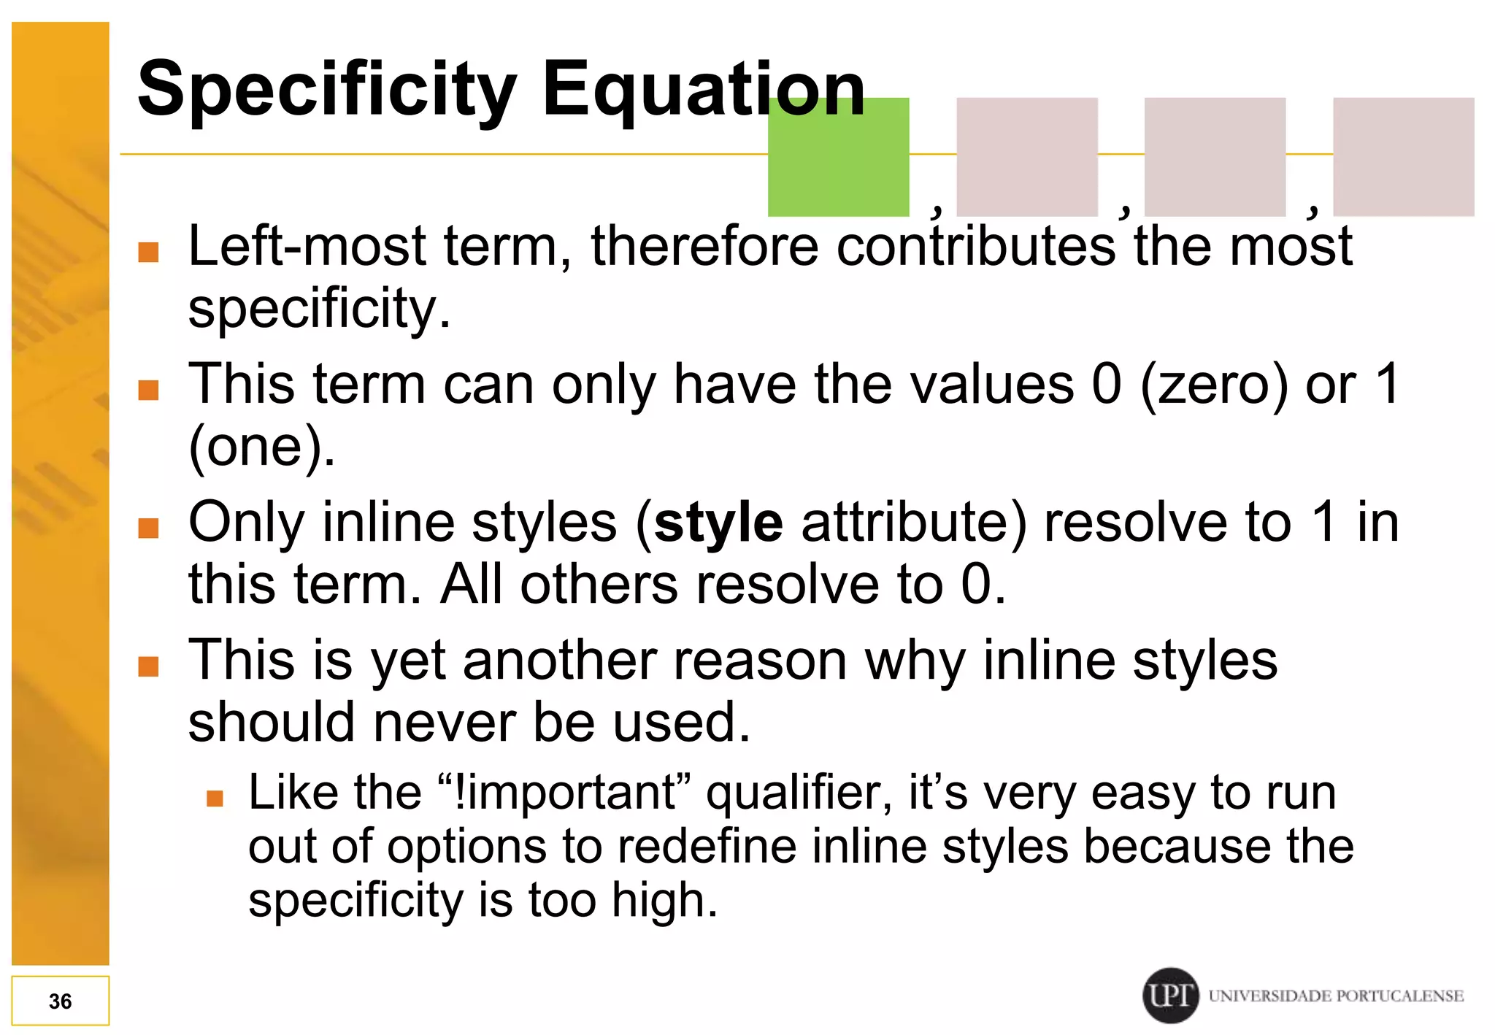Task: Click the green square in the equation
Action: tap(838, 156)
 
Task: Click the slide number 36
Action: tap(60, 1001)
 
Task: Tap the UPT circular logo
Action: tap(1170, 995)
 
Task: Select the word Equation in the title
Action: tap(703, 90)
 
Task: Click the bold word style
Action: tap(718, 523)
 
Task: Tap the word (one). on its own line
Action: tap(261, 447)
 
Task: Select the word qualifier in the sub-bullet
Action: tap(799, 794)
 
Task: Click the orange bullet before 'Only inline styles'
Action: tap(149, 528)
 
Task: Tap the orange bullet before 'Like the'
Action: tap(215, 798)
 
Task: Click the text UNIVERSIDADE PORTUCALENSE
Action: tap(1335, 996)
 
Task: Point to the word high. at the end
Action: tap(664, 901)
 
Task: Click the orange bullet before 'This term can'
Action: tap(149, 390)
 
